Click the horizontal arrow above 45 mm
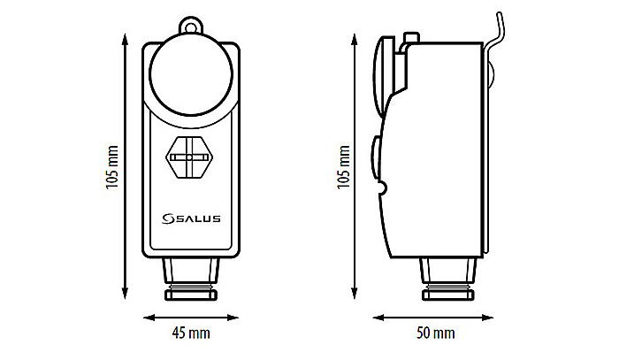(192, 316)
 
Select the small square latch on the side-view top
(409, 38)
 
